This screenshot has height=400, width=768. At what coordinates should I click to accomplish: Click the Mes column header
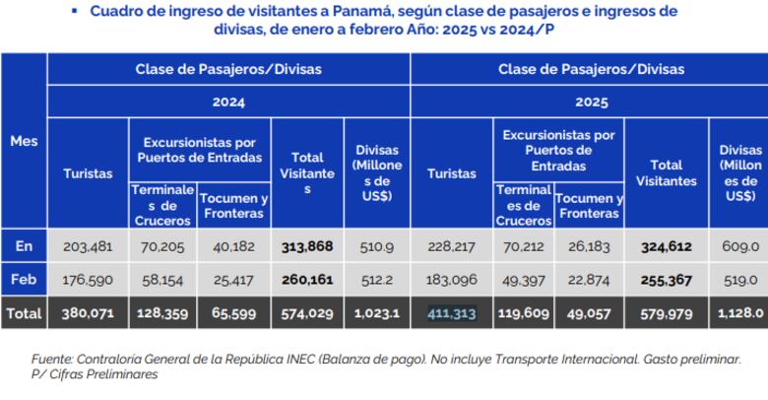24,142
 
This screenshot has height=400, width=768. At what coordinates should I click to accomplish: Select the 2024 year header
228,101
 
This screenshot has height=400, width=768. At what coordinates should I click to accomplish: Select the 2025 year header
591,101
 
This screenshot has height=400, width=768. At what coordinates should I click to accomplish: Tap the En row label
24,245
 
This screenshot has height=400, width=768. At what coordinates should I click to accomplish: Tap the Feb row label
24,279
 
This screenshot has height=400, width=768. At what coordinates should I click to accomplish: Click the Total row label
24,313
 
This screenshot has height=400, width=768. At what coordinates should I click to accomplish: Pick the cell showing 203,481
88,245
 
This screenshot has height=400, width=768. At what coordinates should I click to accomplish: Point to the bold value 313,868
307,245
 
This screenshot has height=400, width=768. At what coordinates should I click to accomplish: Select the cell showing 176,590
88,279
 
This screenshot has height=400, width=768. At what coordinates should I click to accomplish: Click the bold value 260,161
307,279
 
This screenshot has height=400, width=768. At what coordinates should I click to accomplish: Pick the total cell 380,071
88,313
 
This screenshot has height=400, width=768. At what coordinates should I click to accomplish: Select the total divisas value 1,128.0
740,313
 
